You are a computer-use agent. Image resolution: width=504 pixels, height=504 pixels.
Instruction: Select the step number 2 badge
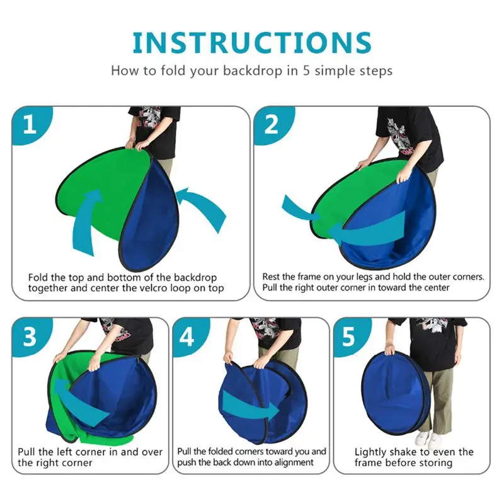(271, 125)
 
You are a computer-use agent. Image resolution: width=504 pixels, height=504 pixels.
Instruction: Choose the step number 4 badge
(186, 337)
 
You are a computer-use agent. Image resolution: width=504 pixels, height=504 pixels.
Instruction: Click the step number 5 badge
(348, 337)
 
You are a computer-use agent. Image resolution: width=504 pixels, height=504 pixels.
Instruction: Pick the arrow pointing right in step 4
(252, 408)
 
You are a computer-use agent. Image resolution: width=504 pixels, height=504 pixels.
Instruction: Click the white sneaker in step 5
(423, 438)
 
